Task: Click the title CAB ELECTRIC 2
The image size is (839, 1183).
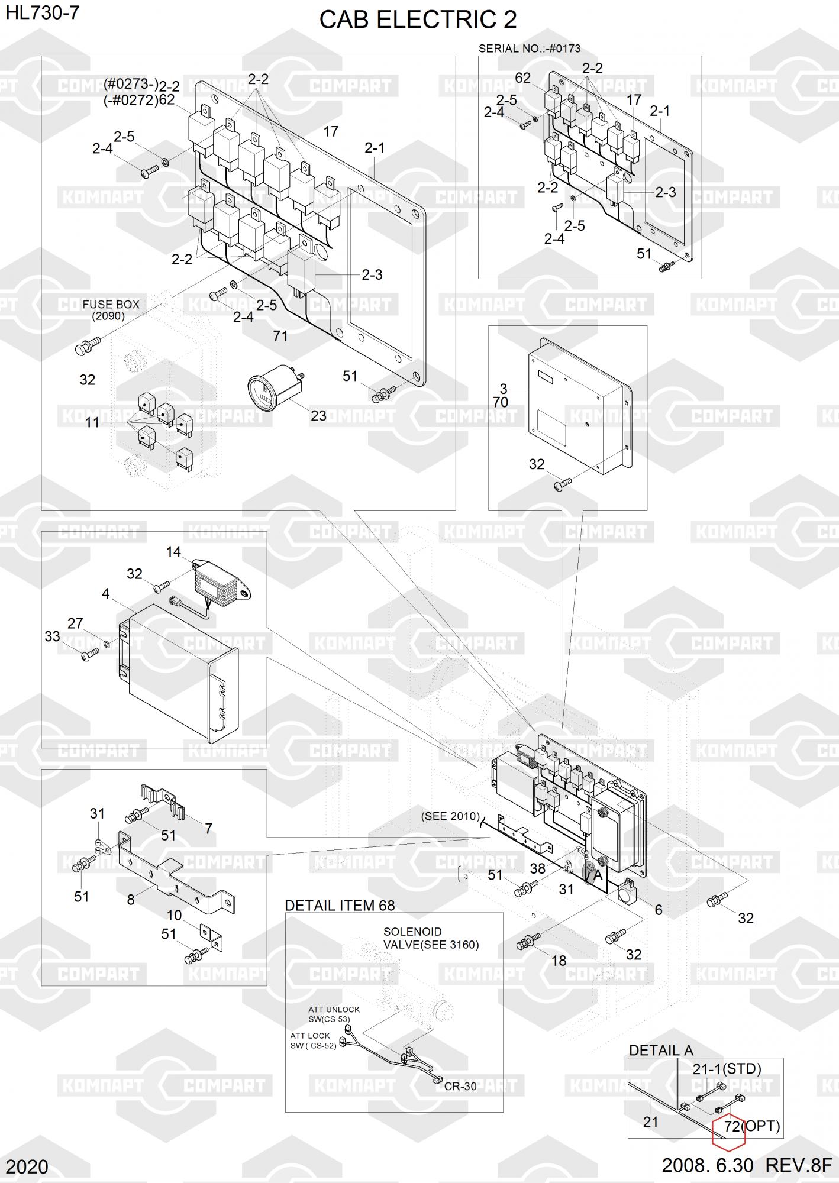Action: (x=418, y=20)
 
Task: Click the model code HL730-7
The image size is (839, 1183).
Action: (x=43, y=12)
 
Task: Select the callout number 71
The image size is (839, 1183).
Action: (x=280, y=336)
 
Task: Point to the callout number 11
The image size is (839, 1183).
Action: (x=92, y=422)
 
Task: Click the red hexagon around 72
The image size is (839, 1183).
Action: (x=728, y=1127)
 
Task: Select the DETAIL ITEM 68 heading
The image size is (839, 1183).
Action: (x=340, y=905)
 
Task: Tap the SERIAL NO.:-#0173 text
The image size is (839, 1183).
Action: (x=529, y=49)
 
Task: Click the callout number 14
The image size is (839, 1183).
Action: (x=173, y=552)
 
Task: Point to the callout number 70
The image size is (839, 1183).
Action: (x=501, y=402)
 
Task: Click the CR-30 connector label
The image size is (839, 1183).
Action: (x=460, y=1086)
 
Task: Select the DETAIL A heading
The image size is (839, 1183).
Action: (x=660, y=1050)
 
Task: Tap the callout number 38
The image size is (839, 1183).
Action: (x=537, y=868)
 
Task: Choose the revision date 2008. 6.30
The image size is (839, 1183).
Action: (x=707, y=1165)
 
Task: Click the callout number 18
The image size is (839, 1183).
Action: (x=559, y=961)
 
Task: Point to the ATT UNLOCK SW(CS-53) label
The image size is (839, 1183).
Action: (x=334, y=1014)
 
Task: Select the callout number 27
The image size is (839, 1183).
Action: (x=75, y=623)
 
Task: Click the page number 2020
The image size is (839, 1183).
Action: (x=28, y=1166)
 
